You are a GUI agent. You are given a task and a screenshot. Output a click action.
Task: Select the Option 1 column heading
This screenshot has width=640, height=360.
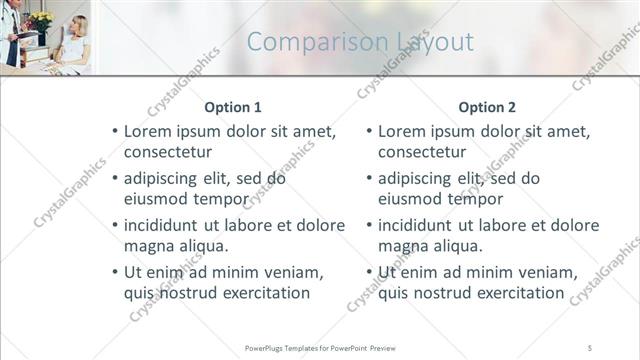click(x=232, y=106)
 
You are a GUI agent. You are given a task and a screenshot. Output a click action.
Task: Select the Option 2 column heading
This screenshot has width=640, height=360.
click(x=487, y=106)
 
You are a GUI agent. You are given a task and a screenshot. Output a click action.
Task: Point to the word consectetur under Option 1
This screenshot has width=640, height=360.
click(x=167, y=152)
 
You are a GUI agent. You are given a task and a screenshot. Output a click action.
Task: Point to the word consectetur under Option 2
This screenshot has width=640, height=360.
click(x=422, y=152)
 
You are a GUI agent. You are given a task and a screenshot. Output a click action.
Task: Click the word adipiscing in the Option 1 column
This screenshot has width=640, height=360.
click(x=165, y=179)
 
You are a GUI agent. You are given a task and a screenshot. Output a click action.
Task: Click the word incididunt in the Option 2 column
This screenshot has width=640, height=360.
click(x=424, y=226)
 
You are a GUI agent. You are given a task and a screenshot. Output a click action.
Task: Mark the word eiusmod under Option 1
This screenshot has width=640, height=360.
click(x=157, y=199)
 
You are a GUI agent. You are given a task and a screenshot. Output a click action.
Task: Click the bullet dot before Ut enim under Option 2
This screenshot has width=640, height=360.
click(x=369, y=273)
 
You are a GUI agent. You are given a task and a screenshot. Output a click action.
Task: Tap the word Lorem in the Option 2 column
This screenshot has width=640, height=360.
click(x=400, y=132)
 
